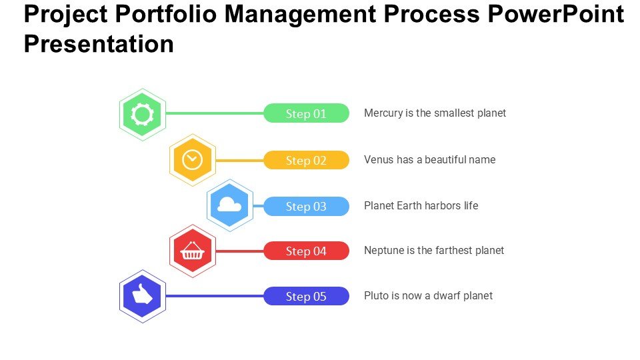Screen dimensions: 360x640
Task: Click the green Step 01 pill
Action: tap(306, 113)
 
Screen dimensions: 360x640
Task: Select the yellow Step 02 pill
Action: tap(306, 160)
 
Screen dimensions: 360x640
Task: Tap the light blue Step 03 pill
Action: tap(306, 206)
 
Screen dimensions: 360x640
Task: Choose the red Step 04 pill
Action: tap(306, 251)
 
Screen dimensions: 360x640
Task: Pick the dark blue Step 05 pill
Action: tap(306, 296)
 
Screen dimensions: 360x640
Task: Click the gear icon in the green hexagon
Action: tap(142, 115)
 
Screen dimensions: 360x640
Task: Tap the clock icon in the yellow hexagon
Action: tap(192, 159)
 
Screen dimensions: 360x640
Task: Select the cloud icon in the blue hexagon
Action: tap(229, 205)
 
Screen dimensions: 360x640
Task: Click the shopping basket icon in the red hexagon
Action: tap(192, 251)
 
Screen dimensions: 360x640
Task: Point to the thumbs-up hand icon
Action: tap(142, 295)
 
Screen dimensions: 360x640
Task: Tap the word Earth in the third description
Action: tap(409, 205)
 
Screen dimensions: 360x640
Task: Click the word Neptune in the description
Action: tap(383, 251)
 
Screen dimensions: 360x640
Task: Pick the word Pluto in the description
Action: tap(376, 295)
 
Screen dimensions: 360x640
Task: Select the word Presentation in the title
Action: tap(99, 44)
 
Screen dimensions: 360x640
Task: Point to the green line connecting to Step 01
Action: tap(213, 113)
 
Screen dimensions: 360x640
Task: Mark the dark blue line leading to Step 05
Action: tap(213, 296)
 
